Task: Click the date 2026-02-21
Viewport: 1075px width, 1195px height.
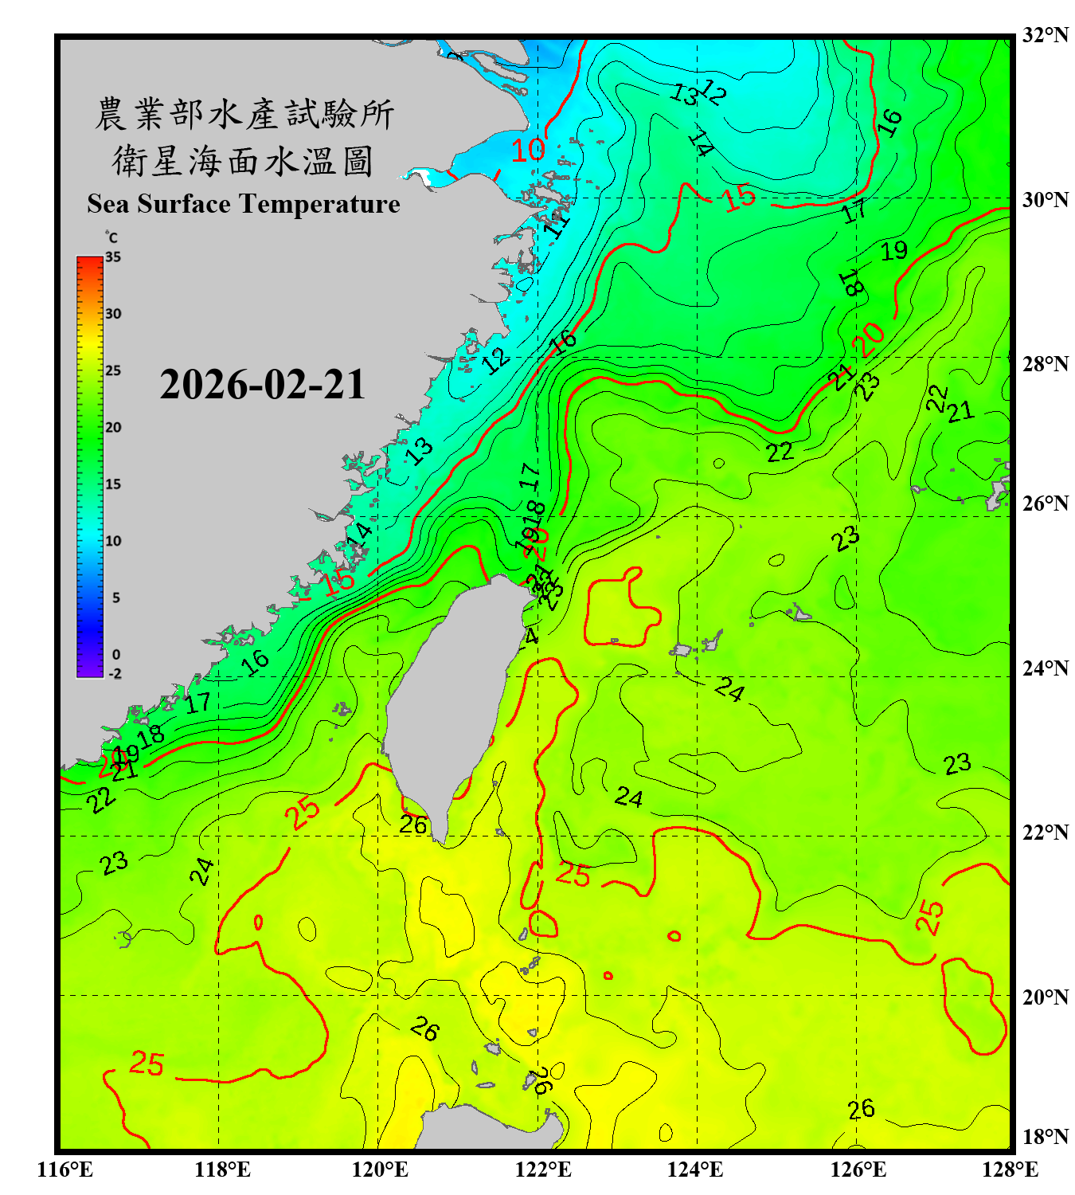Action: click(x=262, y=385)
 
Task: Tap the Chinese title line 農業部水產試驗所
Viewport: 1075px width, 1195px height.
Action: click(x=244, y=114)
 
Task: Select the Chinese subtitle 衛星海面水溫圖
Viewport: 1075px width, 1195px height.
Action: click(x=243, y=161)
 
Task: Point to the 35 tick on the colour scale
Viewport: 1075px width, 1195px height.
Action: click(x=113, y=257)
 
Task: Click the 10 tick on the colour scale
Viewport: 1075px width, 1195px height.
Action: click(x=113, y=541)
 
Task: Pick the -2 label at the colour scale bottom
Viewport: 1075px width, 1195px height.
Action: click(x=115, y=674)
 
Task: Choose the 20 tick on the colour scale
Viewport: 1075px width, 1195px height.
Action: click(x=113, y=428)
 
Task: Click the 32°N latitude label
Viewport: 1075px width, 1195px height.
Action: click(x=1045, y=35)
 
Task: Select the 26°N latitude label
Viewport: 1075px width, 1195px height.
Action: click(x=1045, y=503)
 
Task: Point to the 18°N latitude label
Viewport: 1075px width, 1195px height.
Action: click(x=1045, y=1137)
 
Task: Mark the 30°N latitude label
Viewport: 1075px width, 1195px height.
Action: click(x=1045, y=199)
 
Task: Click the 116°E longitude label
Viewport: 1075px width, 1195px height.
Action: click(x=65, y=1170)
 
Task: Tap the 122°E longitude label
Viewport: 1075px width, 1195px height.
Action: click(x=543, y=1170)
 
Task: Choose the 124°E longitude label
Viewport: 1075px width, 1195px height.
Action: click(x=695, y=1170)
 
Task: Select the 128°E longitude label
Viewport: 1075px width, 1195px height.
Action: click(x=1010, y=1170)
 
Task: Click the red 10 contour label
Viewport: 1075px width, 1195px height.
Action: click(x=527, y=149)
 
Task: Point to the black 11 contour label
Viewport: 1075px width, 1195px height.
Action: click(x=557, y=224)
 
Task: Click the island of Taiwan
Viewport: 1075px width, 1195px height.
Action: click(x=450, y=693)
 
